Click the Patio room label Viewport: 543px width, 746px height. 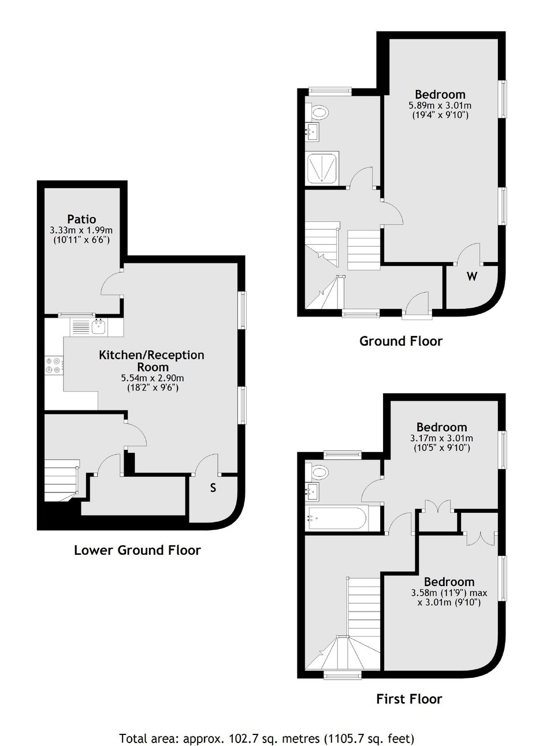click(x=81, y=219)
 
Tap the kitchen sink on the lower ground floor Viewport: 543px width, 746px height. click(x=99, y=327)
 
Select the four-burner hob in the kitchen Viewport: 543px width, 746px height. click(x=54, y=365)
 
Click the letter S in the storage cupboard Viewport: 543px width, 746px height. click(x=213, y=488)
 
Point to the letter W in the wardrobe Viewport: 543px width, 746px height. click(x=472, y=276)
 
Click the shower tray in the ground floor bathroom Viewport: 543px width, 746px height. click(x=322, y=168)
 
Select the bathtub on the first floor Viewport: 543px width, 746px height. click(x=338, y=519)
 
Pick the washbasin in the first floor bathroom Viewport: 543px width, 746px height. click(x=313, y=492)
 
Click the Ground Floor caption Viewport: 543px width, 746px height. click(x=401, y=341)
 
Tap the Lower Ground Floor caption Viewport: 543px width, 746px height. click(x=137, y=550)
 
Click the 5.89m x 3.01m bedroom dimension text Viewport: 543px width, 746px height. click(x=440, y=106)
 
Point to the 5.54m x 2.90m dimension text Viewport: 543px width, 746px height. click(x=153, y=378)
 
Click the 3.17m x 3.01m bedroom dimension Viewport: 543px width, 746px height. click(x=442, y=438)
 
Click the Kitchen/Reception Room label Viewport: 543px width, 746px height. click(x=151, y=361)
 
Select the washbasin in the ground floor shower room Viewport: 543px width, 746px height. click(x=313, y=131)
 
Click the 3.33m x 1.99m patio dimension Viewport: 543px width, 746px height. click(x=81, y=230)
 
